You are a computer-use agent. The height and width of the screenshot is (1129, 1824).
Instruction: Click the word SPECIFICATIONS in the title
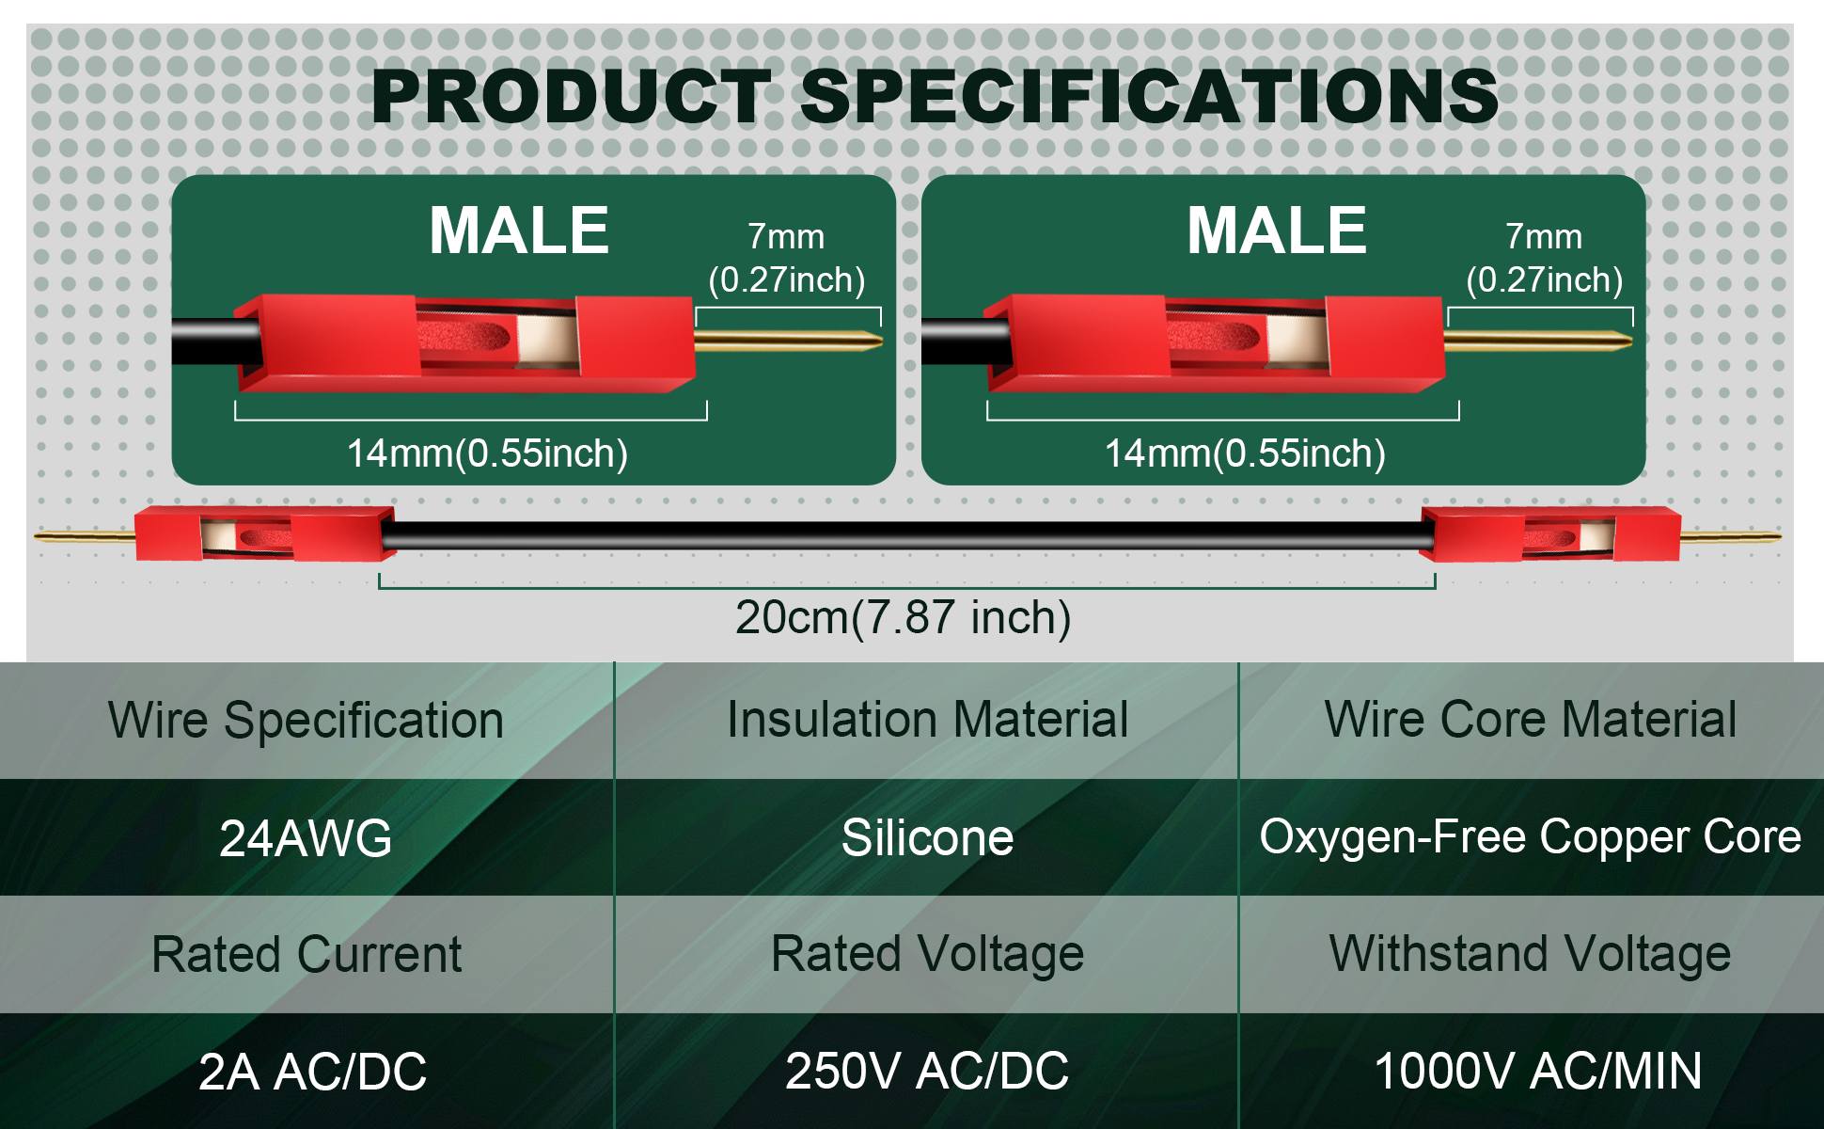(x=1149, y=97)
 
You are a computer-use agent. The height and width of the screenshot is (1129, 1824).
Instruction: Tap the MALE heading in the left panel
(x=519, y=231)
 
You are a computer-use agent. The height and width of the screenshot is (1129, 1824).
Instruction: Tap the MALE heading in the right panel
(x=1277, y=231)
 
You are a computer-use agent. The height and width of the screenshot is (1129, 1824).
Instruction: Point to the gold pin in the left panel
(x=788, y=340)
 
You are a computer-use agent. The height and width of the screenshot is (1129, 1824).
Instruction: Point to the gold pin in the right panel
(x=1538, y=340)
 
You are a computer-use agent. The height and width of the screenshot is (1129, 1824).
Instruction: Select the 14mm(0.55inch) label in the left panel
(x=487, y=453)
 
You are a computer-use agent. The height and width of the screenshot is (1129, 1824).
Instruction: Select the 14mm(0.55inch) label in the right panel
(x=1245, y=453)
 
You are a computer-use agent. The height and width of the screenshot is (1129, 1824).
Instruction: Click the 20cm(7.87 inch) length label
(x=903, y=618)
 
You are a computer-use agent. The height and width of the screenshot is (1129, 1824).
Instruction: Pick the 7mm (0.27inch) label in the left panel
(x=787, y=259)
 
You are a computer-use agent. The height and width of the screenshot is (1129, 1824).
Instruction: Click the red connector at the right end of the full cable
(x=1550, y=534)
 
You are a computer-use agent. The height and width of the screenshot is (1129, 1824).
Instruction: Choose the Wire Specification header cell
(x=306, y=721)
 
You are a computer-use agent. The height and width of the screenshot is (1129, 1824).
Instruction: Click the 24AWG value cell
(x=306, y=837)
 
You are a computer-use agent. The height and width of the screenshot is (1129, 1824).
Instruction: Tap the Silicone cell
(x=927, y=837)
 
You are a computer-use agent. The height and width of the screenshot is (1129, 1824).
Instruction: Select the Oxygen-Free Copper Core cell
(x=1530, y=837)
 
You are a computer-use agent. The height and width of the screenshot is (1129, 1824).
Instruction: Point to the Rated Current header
(x=307, y=955)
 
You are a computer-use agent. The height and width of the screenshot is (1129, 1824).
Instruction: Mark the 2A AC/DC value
(x=312, y=1072)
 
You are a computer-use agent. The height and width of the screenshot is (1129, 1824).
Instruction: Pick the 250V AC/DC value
(x=927, y=1072)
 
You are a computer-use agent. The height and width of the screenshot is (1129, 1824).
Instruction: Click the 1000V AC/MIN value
(x=1538, y=1072)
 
